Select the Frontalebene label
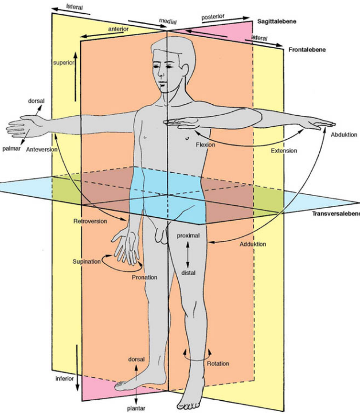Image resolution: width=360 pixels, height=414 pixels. (307, 50)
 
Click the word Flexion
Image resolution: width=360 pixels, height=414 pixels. (205, 145)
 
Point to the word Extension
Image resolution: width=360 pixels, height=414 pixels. (284, 151)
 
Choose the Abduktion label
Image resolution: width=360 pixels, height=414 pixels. (344, 135)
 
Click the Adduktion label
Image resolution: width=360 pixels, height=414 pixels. (253, 244)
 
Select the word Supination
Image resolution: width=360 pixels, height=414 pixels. (87, 261)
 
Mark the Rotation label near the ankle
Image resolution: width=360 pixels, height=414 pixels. (218, 364)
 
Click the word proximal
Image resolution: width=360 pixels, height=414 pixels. (188, 236)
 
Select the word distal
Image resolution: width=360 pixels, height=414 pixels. (189, 273)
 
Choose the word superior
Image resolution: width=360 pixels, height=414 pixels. (64, 63)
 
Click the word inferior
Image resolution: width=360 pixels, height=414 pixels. (64, 379)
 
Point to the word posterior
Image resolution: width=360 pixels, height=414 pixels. (213, 18)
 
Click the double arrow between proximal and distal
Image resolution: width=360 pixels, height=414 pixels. (187, 254)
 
